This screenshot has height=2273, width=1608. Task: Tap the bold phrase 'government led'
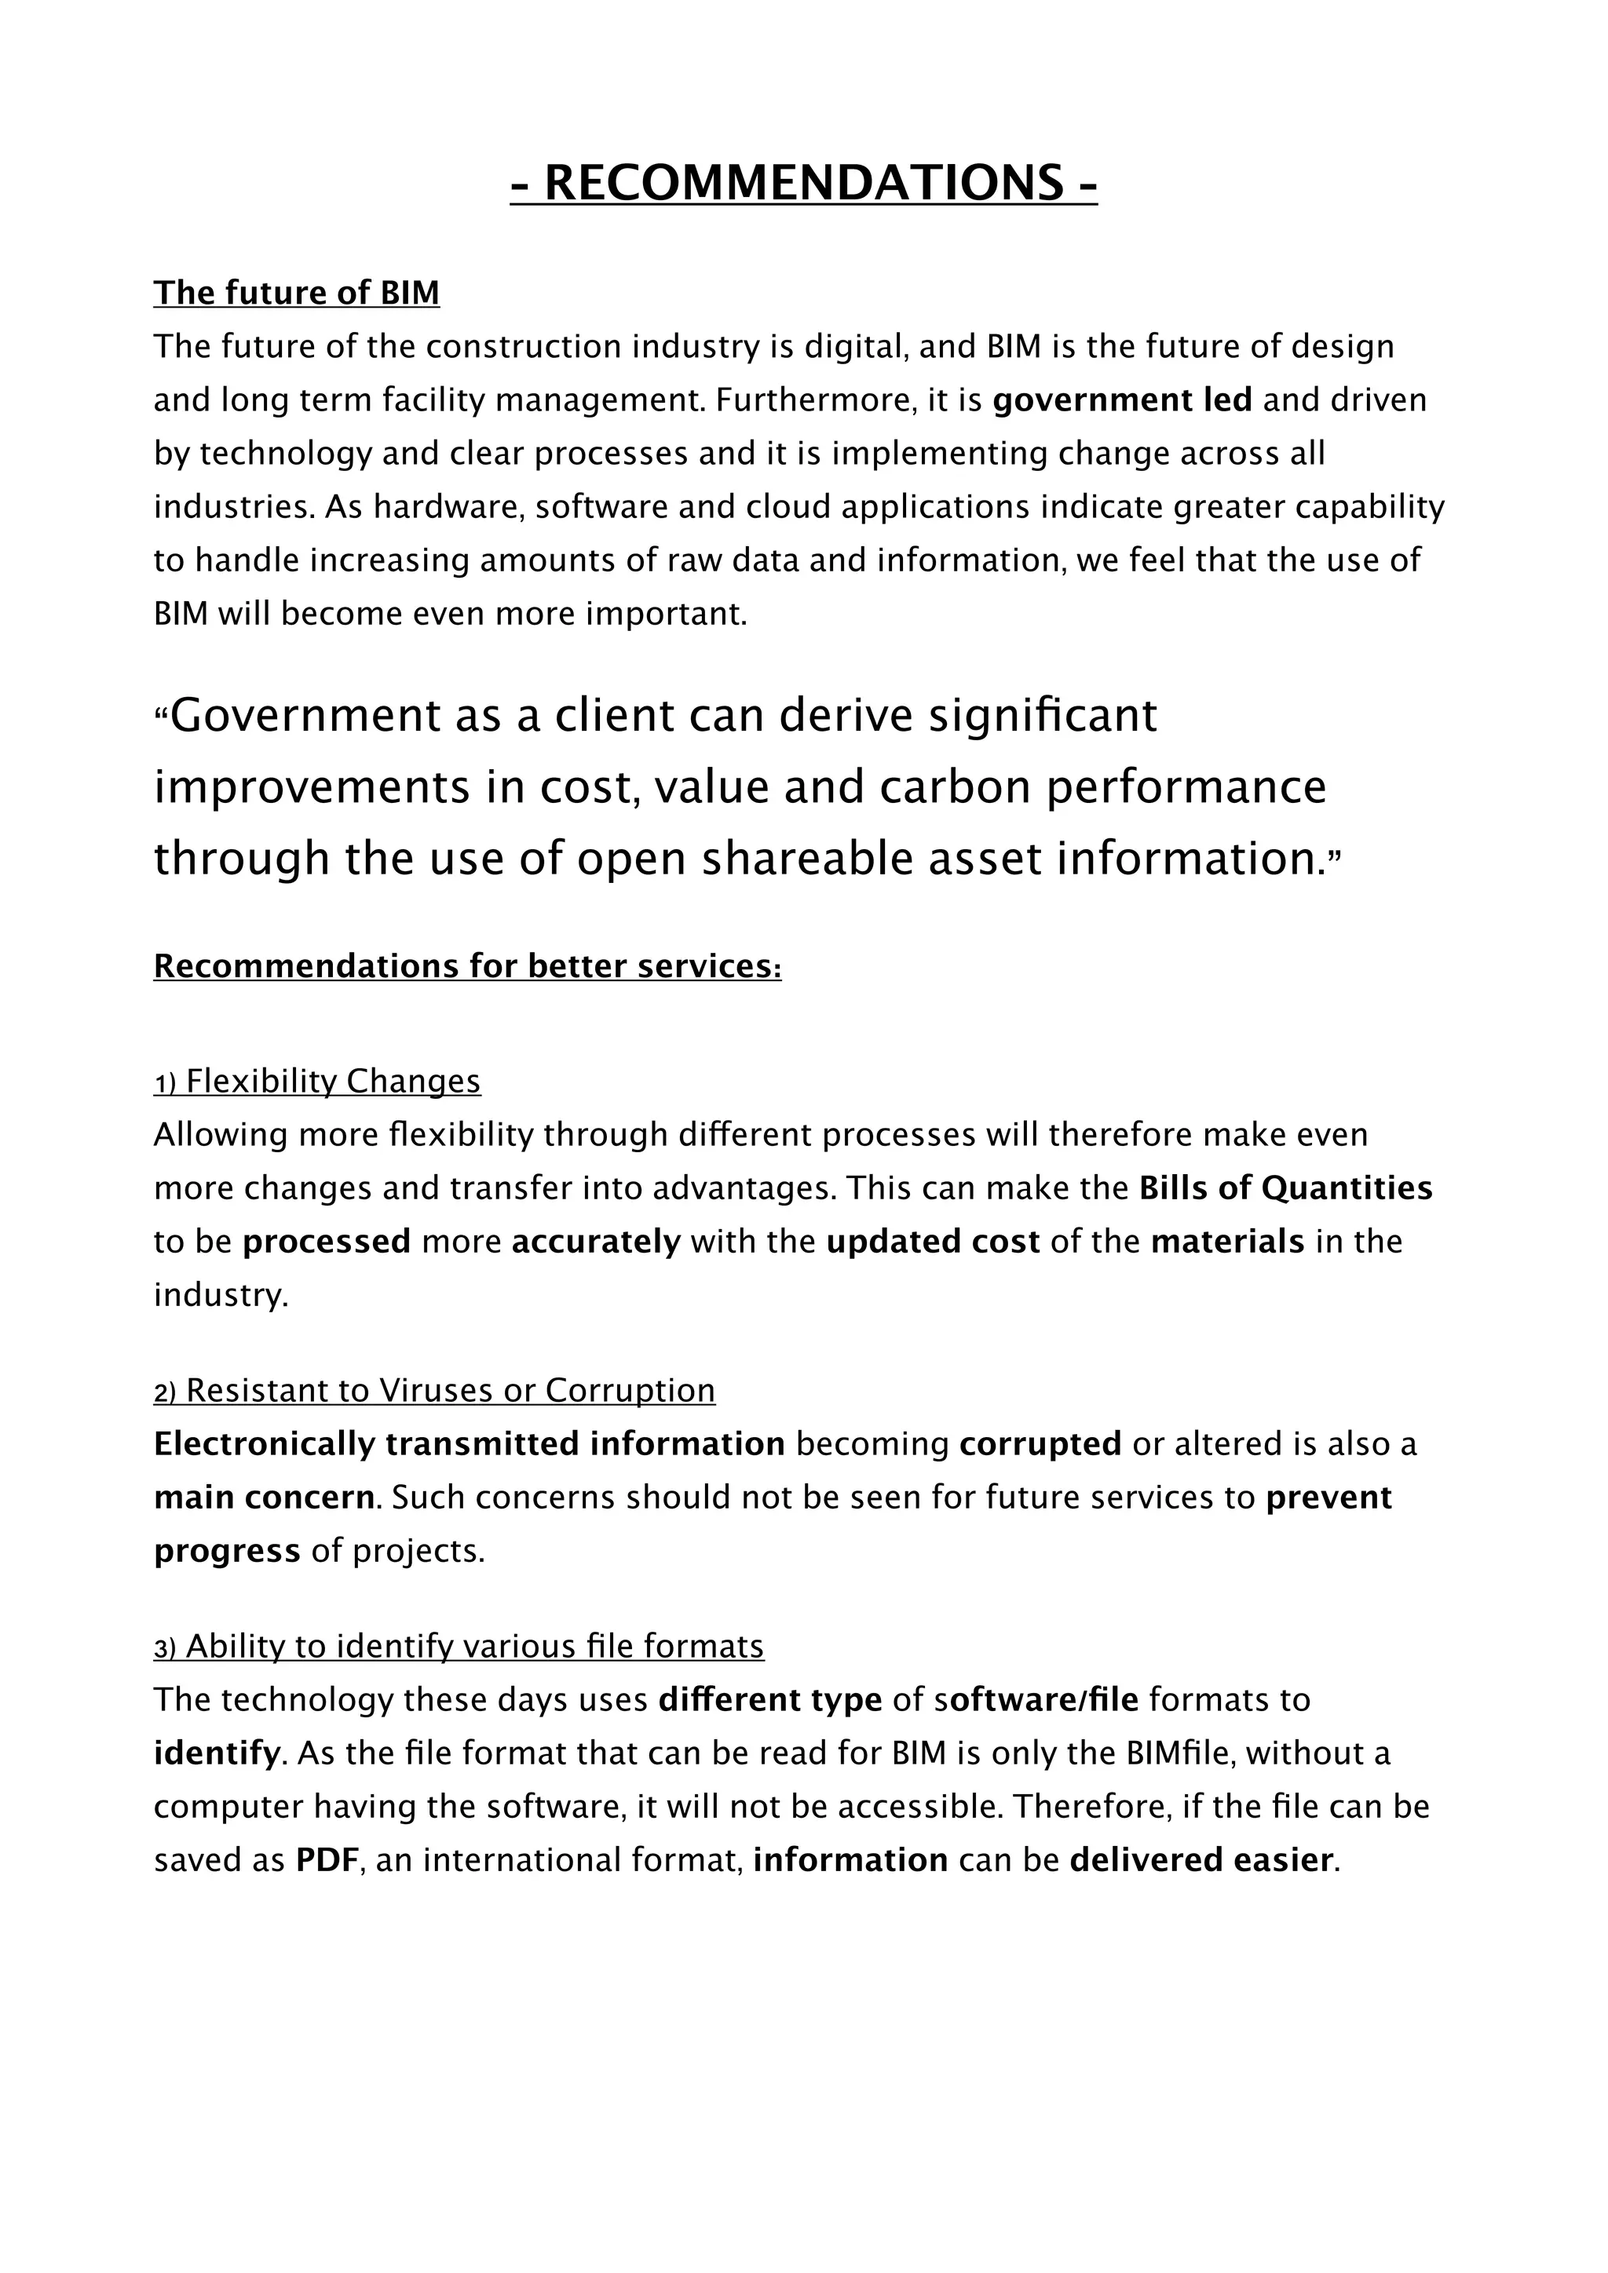(1122, 400)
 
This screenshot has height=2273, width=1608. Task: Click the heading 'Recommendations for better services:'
(467, 966)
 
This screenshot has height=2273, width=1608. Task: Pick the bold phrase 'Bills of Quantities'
(1285, 1188)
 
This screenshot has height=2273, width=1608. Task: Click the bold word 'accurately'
(596, 1242)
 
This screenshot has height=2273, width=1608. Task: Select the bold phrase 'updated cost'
(933, 1242)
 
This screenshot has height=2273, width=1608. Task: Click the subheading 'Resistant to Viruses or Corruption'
(450, 1391)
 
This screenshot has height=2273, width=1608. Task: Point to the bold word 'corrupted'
(1040, 1444)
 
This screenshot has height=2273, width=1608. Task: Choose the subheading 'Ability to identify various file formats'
(474, 1647)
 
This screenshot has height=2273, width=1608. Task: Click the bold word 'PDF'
(326, 1860)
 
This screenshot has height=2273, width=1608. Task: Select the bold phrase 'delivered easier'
(1201, 1860)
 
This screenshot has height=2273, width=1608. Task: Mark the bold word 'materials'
(1226, 1242)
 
